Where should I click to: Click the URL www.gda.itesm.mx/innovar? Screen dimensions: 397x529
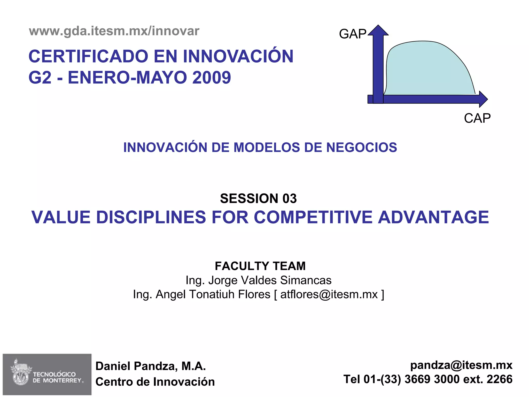click(x=114, y=31)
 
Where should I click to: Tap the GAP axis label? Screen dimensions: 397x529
click(x=352, y=34)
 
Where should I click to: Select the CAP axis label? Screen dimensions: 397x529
click(x=477, y=118)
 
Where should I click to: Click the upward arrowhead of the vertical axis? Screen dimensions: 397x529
click(x=378, y=30)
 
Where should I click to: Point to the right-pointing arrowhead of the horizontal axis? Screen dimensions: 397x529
click(x=483, y=99)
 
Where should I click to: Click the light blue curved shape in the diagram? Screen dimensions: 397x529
click(x=426, y=70)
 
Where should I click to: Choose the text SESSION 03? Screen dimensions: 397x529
click(x=258, y=198)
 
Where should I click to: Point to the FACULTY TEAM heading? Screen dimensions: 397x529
click(x=260, y=266)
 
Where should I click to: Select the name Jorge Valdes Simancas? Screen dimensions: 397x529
click(x=270, y=280)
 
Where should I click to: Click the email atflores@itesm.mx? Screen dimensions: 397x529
click(x=329, y=294)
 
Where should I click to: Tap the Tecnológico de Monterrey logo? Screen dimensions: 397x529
click(x=47, y=374)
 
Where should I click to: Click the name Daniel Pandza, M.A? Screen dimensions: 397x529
click(x=151, y=366)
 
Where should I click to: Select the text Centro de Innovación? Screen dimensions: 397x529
click(x=155, y=382)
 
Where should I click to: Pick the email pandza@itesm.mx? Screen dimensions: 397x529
click(x=461, y=365)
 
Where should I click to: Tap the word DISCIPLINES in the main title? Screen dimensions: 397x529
click(x=151, y=217)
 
